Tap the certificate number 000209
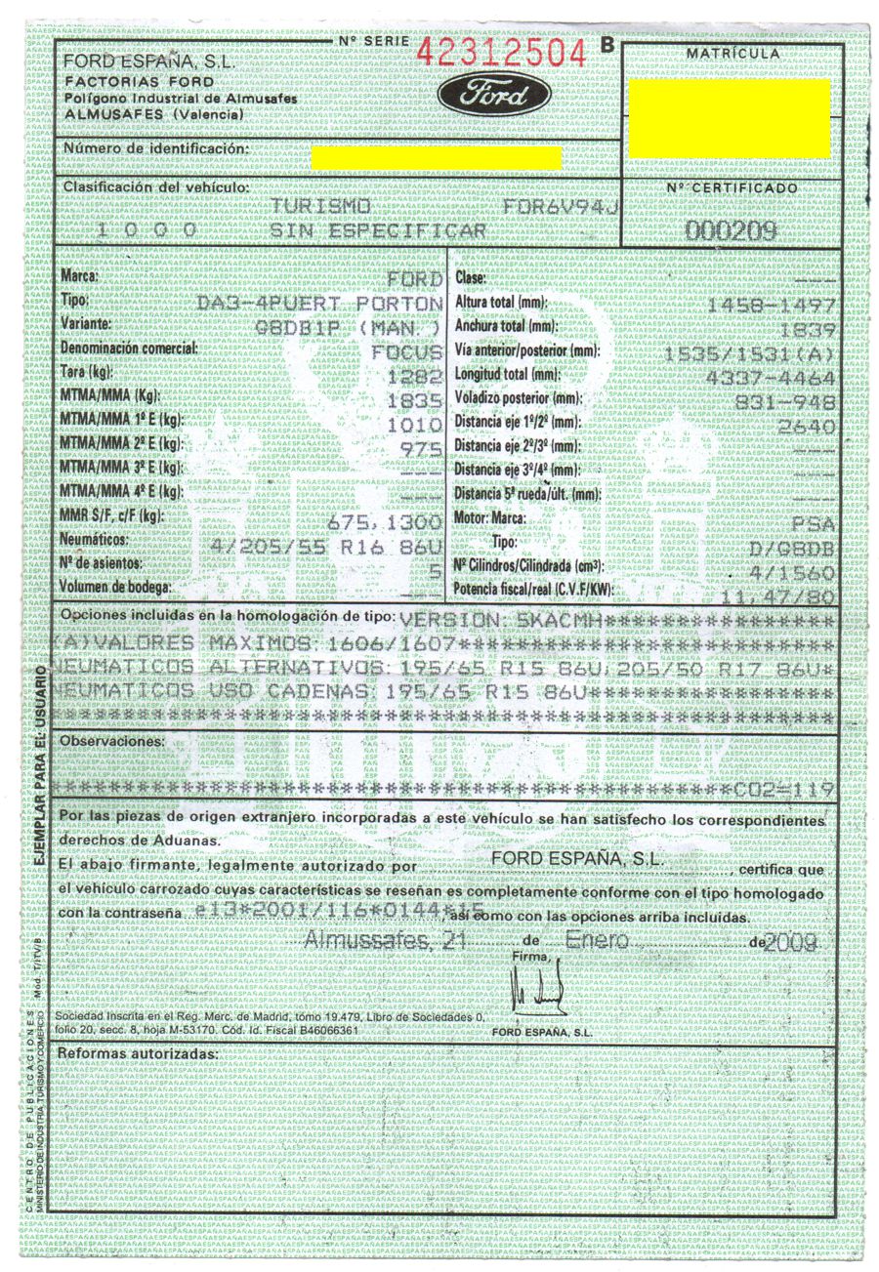coord(732,230)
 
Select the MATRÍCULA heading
coord(732,53)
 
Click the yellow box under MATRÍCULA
coord(730,118)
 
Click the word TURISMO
coord(321,207)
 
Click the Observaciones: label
coord(112,742)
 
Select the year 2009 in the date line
coord(792,942)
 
